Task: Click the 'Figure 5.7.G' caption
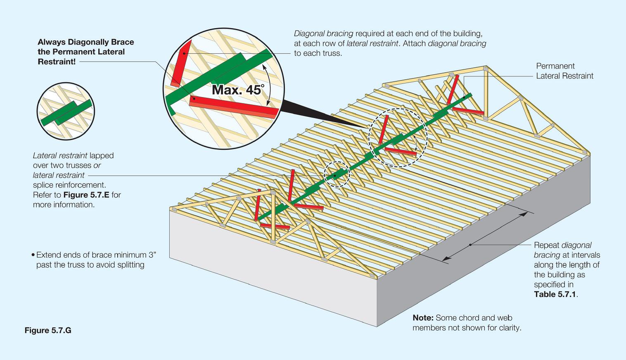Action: coord(48,330)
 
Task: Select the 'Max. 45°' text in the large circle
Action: coord(237,90)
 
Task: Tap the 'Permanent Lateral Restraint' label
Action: coord(564,71)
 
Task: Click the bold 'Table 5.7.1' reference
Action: coord(555,294)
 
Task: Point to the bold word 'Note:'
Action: coord(423,318)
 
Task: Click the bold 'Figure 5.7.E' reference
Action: coord(86,195)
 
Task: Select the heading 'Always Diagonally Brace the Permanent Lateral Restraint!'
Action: coord(85,52)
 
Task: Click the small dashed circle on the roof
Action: coord(337,175)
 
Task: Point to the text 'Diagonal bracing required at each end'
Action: coord(388,33)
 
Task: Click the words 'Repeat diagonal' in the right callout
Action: coord(562,245)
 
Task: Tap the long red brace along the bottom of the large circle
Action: coord(233,106)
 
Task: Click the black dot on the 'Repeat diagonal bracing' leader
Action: coord(470,245)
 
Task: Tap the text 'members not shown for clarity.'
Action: coord(467,328)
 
